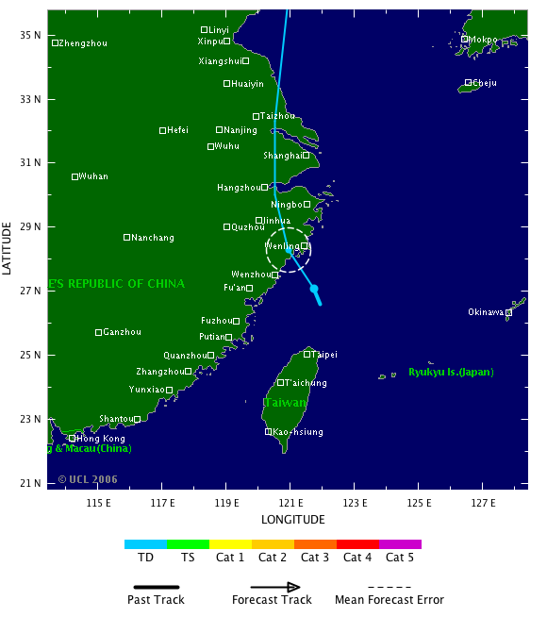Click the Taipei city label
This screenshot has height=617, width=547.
click(324, 355)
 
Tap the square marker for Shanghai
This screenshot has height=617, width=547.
click(307, 155)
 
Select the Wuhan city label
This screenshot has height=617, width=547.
click(93, 176)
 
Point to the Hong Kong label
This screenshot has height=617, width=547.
click(101, 439)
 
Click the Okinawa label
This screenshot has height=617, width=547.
click(487, 312)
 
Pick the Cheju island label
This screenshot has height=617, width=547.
click(485, 83)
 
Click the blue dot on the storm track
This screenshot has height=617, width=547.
click(314, 289)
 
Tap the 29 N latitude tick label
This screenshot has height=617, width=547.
click(32, 226)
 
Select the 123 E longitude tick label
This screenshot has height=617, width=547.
click(354, 502)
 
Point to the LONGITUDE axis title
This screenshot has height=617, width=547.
click(293, 520)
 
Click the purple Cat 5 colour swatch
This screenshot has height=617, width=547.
click(400, 544)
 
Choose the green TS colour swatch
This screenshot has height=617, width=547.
click(188, 544)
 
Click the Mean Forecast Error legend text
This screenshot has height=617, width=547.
click(389, 600)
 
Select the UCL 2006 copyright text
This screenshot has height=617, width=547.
click(88, 479)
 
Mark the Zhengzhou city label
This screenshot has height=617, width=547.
click(83, 43)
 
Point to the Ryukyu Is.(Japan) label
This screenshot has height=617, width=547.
click(451, 372)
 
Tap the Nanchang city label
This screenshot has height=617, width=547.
click(153, 238)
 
